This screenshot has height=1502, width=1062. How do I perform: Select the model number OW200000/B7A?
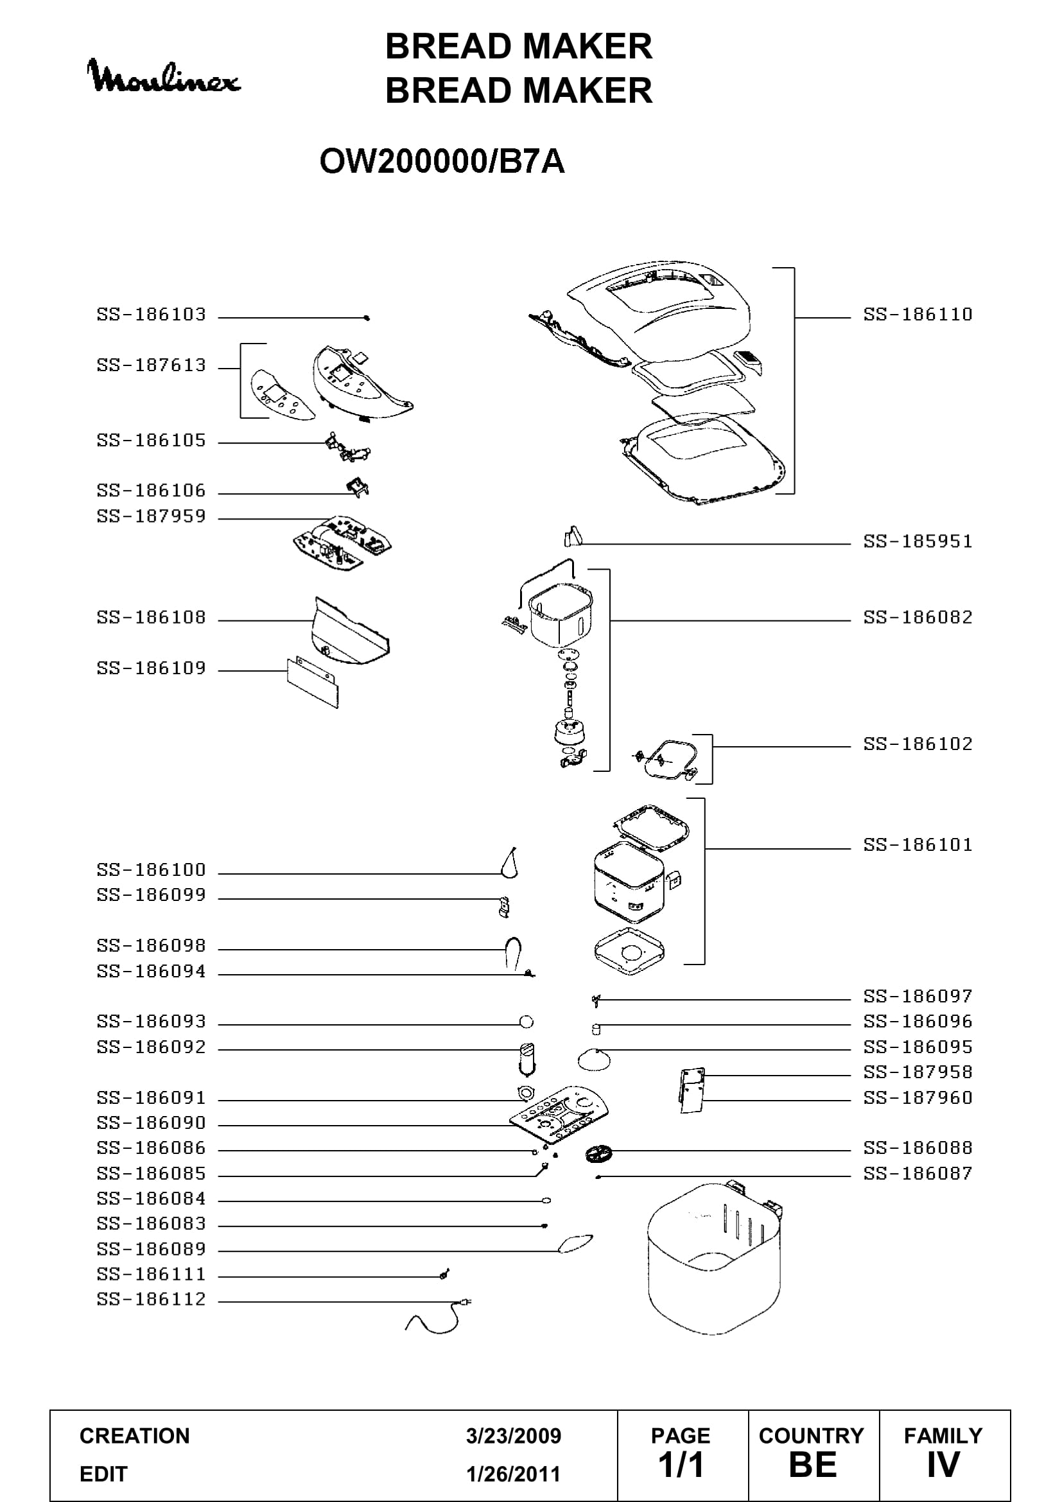442,162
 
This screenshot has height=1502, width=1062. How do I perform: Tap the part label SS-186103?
151,315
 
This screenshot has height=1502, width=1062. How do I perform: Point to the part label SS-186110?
918,315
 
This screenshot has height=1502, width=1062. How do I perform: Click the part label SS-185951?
918,542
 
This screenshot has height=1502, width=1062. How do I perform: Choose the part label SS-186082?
918,618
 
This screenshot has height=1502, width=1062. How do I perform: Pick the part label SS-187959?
151,517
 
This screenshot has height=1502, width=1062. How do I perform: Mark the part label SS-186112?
151,1299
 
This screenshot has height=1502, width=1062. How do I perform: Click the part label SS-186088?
918,1148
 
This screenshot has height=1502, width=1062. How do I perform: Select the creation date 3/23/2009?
514,1436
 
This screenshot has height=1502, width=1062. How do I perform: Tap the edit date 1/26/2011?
514,1474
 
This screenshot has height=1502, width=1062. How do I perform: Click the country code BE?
813,1465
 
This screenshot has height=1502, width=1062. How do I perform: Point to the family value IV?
943,1465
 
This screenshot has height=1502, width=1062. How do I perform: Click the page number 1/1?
681,1465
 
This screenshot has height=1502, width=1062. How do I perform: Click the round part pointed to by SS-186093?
526,1022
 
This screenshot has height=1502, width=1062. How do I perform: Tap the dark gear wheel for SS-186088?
598,1153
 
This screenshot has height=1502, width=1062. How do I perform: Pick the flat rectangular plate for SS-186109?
313,683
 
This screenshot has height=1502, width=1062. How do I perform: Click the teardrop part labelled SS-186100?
509,862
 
